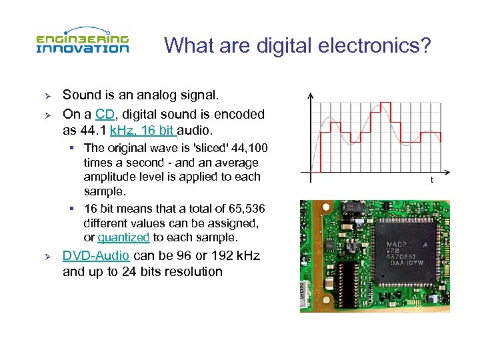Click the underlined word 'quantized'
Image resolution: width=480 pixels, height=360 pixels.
[123, 237]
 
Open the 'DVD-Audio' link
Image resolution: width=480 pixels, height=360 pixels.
[95, 256]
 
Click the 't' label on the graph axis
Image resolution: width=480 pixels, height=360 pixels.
[431, 180]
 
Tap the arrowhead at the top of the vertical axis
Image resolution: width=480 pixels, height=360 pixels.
[311, 95]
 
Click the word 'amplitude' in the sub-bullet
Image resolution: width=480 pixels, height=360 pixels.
[109, 177]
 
